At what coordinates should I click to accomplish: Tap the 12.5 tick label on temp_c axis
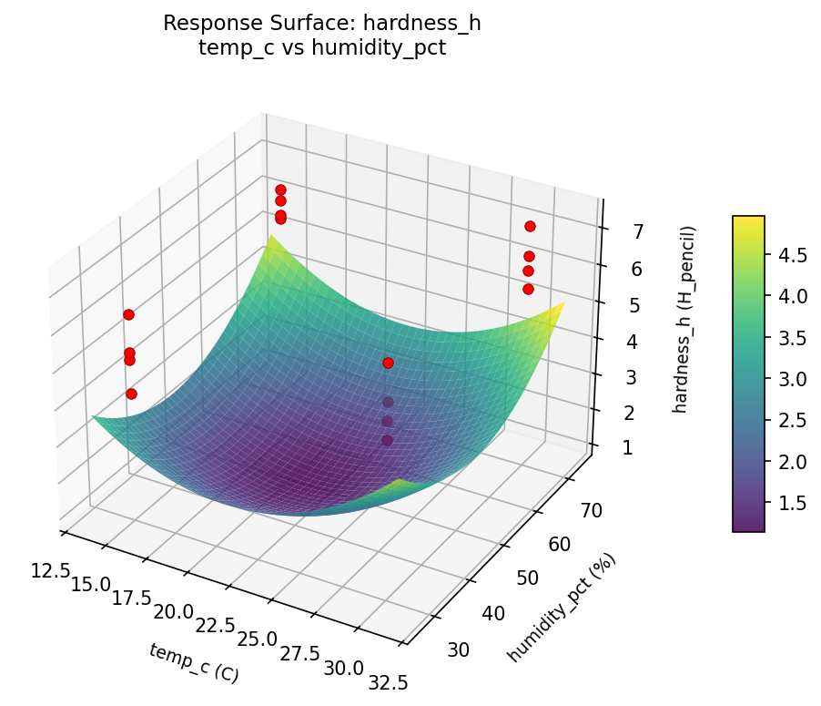pos(50,570)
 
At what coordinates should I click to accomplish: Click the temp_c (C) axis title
pos(193,662)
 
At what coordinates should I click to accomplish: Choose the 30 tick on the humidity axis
pos(459,649)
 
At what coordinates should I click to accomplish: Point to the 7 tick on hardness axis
pos(639,231)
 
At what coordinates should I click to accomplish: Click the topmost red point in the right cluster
pos(530,226)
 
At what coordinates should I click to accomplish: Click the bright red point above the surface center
pos(388,363)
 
